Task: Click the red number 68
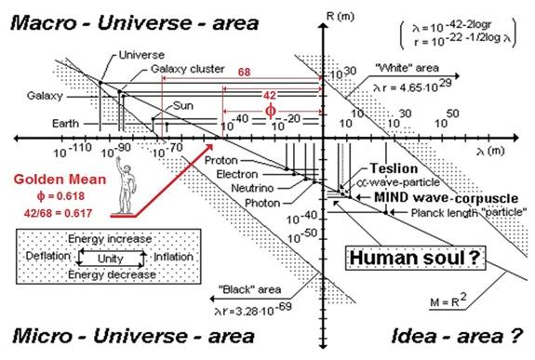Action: (244, 72)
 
